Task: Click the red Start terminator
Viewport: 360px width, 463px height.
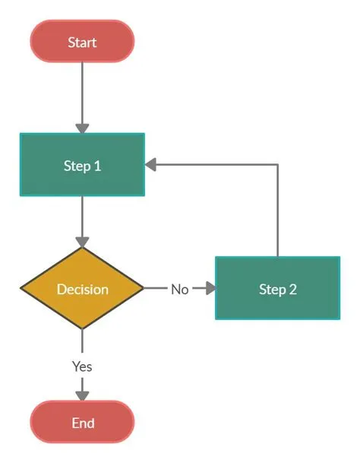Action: (82, 41)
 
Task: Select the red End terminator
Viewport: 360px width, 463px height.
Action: (82, 422)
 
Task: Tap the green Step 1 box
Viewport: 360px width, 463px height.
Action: (82, 164)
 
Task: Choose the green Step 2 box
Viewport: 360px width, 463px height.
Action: (277, 288)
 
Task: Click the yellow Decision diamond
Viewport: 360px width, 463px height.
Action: (82, 289)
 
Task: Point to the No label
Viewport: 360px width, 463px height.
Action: (179, 289)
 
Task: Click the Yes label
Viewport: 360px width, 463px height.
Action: (82, 366)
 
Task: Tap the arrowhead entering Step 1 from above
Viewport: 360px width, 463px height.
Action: (82, 128)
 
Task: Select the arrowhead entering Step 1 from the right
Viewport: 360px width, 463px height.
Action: (151, 164)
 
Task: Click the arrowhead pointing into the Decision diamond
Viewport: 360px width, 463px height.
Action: (82, 241)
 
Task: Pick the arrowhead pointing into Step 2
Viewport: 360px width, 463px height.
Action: (209, 289)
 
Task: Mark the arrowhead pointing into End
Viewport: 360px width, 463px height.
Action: (82, 395)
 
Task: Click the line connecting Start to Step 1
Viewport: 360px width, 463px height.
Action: (82, 91)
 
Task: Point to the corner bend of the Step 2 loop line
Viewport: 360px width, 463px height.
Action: (277, 164)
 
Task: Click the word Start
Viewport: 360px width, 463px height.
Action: (82, 42)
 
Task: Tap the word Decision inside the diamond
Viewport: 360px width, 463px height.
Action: (82, 289)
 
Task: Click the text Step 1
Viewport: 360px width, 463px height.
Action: (82, 165)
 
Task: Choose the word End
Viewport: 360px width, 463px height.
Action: (82, 423)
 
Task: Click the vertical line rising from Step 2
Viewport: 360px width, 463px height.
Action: (277, 213)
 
